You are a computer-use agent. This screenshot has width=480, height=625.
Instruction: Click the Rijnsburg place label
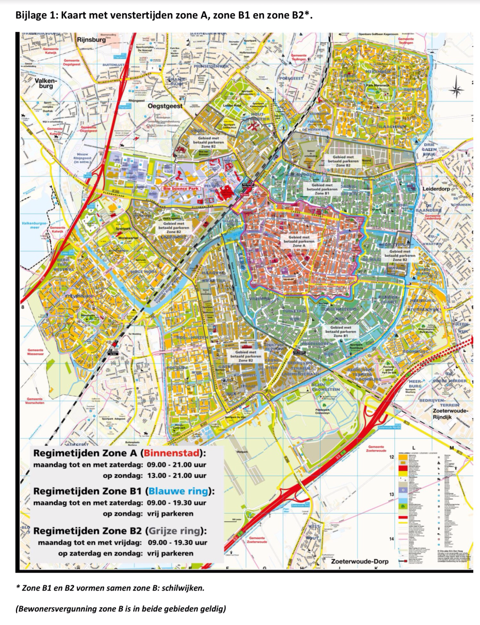[x=91, y=40]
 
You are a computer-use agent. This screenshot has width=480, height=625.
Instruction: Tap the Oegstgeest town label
[x=165, y=106]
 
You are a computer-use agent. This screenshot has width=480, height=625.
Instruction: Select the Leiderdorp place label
[x=436, y=189]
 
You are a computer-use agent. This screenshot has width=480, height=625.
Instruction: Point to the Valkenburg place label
[x=46, y=83]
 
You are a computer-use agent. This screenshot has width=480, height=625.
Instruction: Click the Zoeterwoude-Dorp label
[x=359, y=562]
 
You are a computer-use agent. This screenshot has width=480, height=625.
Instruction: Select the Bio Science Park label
[x=181, y=188]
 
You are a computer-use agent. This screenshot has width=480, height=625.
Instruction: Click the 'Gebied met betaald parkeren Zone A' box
[x=299, y=241]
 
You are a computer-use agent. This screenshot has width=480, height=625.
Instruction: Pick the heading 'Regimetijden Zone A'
[x=85, y=453]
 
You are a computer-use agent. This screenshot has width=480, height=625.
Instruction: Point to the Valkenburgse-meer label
[x=34, y=225]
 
